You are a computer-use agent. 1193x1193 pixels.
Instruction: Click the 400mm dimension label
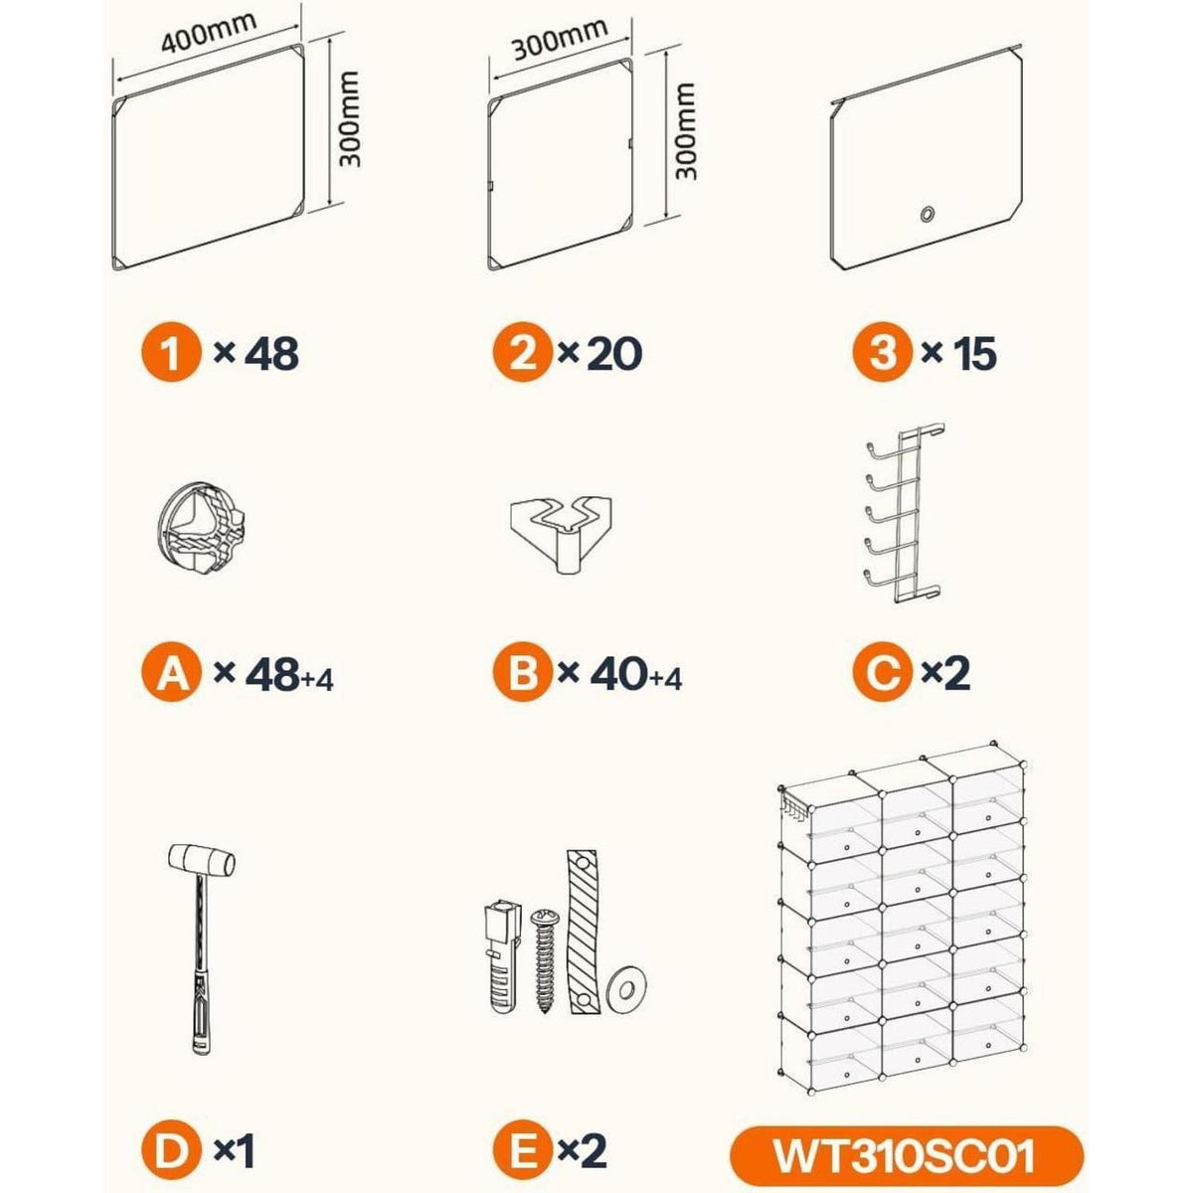click(209, 32)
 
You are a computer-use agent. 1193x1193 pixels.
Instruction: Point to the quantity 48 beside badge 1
click(271, 355)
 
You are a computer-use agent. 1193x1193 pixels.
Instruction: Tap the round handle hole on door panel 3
click(927, 214)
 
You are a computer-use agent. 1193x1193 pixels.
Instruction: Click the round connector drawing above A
click(201, 528)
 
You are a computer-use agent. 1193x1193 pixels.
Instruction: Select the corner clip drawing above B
click(561, 534)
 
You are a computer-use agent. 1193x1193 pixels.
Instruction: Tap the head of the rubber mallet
click(202, 859)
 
